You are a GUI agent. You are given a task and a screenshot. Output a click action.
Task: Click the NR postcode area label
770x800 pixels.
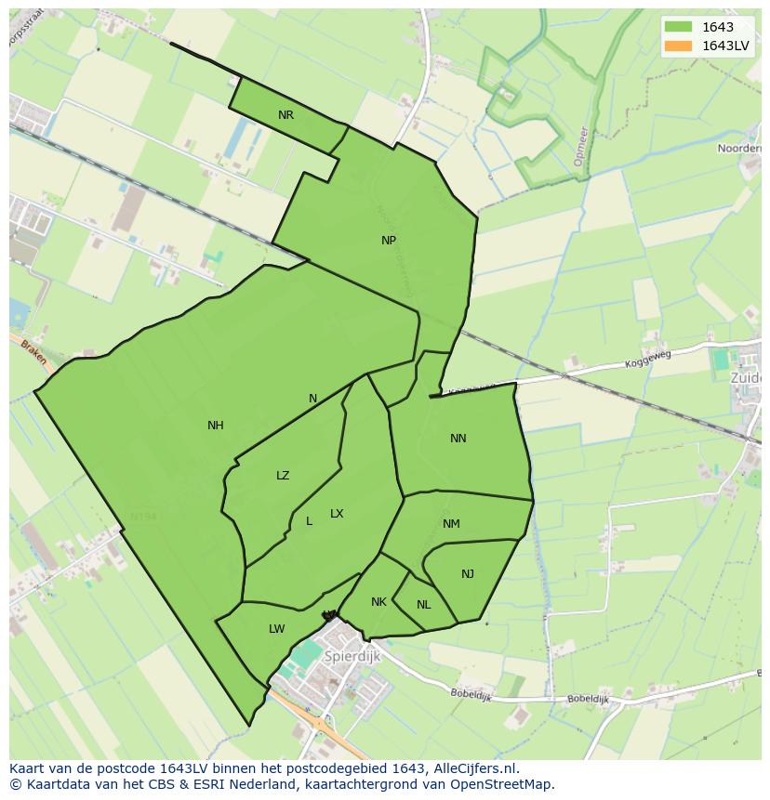point(285,115)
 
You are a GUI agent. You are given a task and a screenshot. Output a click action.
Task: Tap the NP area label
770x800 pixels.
point(389,240)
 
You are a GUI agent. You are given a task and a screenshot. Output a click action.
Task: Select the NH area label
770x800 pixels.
point(216,426)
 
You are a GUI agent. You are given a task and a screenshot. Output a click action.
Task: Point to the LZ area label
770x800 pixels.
point(283,476)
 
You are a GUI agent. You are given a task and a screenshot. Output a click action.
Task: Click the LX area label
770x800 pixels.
point(337,514)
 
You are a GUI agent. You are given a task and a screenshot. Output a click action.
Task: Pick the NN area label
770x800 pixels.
point(458,439)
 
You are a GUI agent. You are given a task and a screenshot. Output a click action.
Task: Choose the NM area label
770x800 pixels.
point(451,524)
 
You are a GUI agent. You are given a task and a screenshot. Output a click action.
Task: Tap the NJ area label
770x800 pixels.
point(468,574)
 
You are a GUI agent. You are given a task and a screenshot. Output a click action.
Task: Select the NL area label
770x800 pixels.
point(424,605)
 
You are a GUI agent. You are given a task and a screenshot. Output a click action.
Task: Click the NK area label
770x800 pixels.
point(378,602)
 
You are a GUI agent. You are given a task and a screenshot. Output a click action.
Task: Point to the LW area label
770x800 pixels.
point(276,629)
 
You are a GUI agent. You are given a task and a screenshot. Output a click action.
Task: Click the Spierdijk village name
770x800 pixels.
point(353,656)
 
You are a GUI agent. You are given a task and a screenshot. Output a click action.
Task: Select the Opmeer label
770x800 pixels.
point(580,147)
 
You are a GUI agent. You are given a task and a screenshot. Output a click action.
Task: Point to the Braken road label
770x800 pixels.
point(33,351)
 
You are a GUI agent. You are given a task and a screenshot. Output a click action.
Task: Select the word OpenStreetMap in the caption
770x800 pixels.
point(501,784)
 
